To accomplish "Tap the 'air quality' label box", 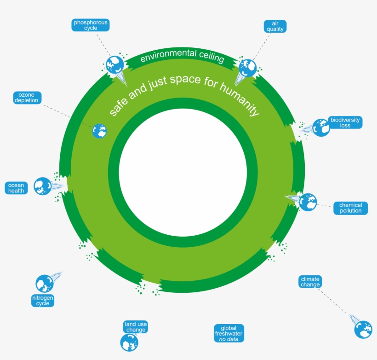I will [x=275, y=26].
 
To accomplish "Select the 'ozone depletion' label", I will [x=27, y=98].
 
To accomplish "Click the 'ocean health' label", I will [x=16, y=188].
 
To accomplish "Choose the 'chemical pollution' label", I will [x=350, y=208].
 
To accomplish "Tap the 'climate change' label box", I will [x=310, y=282].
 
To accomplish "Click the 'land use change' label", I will [x=135, y=327].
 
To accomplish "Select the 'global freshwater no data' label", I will [x=228, y=333].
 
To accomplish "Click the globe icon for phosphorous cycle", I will [x=114, y=65].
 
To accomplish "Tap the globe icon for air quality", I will [x=247, y=68].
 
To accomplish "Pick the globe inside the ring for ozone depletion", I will [x=99, y=131].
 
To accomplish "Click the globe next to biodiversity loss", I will [x=321, y=128].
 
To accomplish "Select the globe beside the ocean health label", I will [x=42, y=186].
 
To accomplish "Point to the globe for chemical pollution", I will [x=308, y=202].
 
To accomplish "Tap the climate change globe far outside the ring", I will [x=363, y=330].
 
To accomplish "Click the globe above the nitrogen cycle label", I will [x=45, y=284].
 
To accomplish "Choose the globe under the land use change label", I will [x=129, y=343].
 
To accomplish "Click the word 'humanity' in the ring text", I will [x=241, y=99].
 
